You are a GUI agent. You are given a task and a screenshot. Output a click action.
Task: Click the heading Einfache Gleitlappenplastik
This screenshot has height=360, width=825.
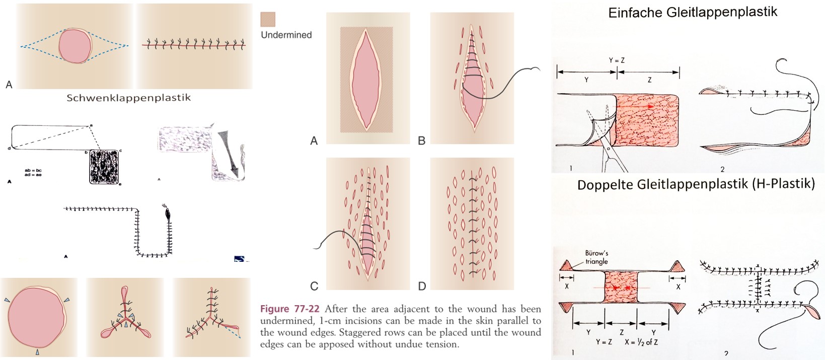693,13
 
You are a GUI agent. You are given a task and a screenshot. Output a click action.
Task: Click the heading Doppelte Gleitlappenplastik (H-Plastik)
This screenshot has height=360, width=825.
696,184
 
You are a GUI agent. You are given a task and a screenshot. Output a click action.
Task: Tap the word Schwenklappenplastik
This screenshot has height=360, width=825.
128,98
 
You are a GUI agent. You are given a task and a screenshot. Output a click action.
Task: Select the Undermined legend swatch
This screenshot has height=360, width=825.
268,20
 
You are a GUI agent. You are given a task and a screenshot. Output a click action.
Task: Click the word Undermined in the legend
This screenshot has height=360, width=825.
286,35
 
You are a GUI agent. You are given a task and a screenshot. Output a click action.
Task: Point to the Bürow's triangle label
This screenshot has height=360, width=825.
596,257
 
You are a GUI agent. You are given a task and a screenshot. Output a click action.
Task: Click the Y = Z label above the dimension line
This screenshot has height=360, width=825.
617,60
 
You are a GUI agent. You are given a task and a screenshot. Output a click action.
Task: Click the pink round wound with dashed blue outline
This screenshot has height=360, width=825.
74,46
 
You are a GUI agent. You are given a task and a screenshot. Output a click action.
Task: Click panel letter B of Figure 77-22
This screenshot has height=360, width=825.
422,141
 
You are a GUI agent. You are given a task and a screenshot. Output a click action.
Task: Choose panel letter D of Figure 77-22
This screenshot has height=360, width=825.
422,286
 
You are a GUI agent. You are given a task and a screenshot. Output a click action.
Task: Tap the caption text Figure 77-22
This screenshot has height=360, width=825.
289,309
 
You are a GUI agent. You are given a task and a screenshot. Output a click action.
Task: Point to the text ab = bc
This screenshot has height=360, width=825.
33,171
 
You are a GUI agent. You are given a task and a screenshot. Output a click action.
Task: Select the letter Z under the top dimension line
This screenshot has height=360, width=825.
649,80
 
